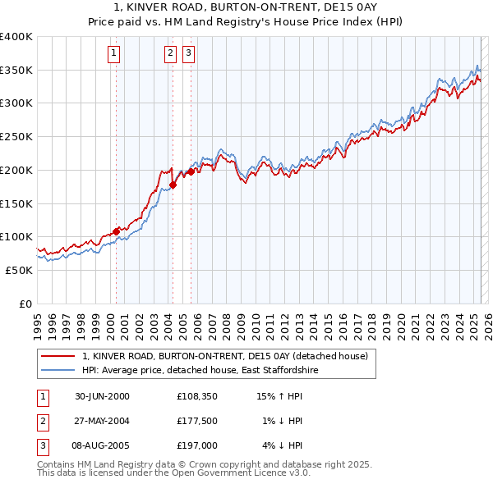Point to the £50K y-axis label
19,270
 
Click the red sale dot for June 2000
117,231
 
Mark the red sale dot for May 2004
173,185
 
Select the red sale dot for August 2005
191,172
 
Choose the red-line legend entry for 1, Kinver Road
229,356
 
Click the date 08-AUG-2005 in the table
103,445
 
